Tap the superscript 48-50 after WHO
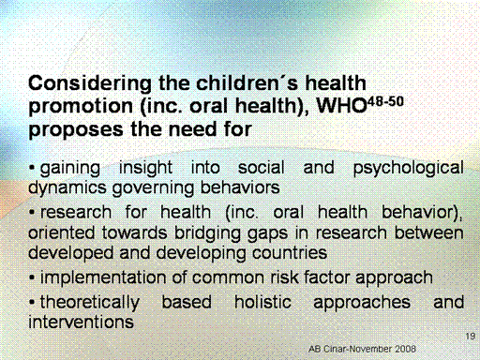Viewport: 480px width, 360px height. pos(386,102)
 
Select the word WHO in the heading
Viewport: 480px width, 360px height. pos(341,106)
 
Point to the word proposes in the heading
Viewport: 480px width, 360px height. pos(76,130)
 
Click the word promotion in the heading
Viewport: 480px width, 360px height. pos(81,107)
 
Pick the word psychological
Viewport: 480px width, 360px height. pos(409,169)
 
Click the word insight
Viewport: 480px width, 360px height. pos(145,169)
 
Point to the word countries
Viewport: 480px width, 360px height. pos(290,253)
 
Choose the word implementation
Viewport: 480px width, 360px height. pos(103,278)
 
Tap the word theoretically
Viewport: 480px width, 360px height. pos(90,303)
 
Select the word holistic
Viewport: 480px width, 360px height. pos(262,302)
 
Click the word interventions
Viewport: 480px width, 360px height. pos(81,322)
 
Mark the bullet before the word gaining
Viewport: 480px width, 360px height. pos(32,169)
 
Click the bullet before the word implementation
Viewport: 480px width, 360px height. pos(32,277)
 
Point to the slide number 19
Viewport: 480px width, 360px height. pos(471,337)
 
